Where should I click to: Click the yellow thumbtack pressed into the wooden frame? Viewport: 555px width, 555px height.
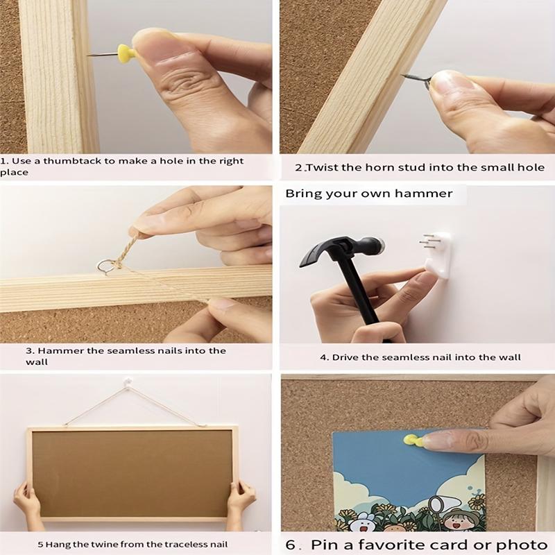pyautogui.click(x=126, y=53)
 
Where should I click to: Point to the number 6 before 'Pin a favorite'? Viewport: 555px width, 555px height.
pyautogui.click(x=291, y=544)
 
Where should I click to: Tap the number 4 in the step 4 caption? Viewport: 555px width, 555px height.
pyautogui.click(x=323, y=357)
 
